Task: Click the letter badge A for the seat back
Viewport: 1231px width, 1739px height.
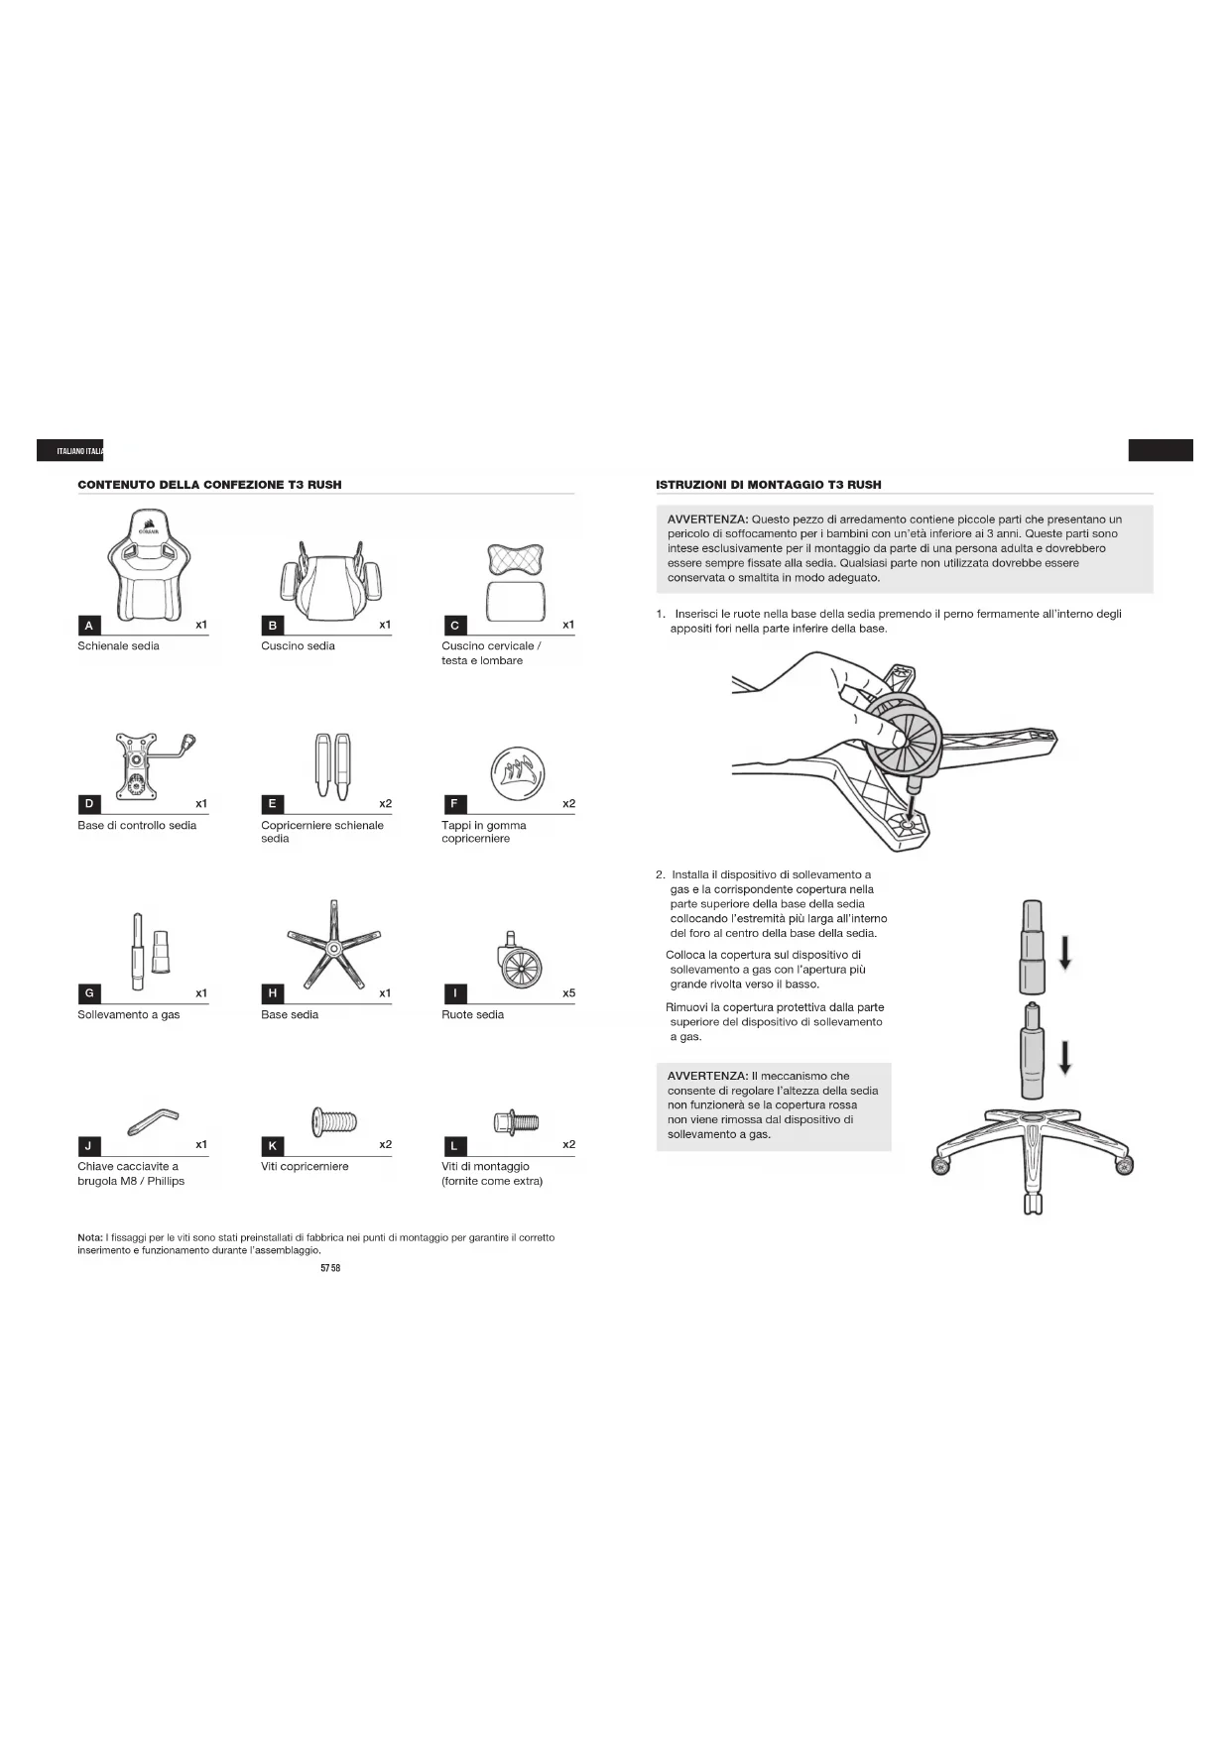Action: pos(89,626)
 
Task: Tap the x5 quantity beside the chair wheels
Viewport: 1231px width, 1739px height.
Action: pos(568,993)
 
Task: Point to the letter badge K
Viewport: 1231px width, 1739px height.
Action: pos(273,1146)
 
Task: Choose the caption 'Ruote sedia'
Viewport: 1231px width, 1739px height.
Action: pos(472,1014)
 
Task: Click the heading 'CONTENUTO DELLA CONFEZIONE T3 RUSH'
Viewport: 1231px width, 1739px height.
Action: pos(209,485)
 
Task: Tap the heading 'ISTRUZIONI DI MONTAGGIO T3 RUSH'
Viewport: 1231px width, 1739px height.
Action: pos(768,485)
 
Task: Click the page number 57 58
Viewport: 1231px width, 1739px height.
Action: pos(330,1268)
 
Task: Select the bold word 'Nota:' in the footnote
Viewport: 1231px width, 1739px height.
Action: pos(89,1237)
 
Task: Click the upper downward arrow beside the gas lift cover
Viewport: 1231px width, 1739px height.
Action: pos(1064,953)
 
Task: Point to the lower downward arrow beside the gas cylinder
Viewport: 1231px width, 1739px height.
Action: pos(1064,1057)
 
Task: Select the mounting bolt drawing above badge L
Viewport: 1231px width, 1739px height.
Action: pos(516,1122)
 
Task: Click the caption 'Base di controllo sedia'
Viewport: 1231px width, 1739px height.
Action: pos(137,825)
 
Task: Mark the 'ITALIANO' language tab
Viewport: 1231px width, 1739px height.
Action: pos(69,451)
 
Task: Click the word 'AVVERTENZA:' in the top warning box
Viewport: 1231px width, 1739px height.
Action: pos(707,520)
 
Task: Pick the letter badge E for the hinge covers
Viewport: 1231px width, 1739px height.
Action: pos(273,804)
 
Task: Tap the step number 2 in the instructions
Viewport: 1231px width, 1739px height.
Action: pos(660,875)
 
